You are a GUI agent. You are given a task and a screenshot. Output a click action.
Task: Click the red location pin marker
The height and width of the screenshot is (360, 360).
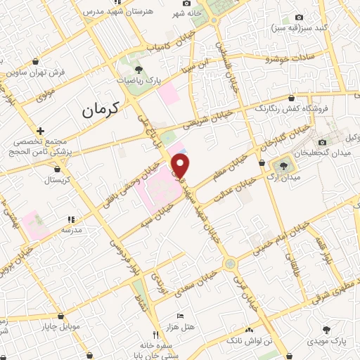(x=181, y=166)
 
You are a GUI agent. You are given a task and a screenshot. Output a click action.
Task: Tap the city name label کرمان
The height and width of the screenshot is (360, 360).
(x=101, y=109)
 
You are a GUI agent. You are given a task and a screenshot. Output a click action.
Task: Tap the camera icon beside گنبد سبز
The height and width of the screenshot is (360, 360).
(x=300, y=18)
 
